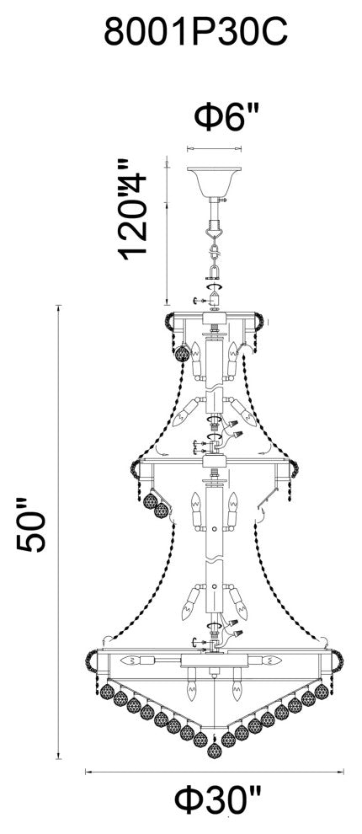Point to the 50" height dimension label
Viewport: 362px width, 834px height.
[31, 528]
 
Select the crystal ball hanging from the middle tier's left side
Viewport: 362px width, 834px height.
[152, 504]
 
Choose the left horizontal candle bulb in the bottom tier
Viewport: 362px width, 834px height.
[134, 660]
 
